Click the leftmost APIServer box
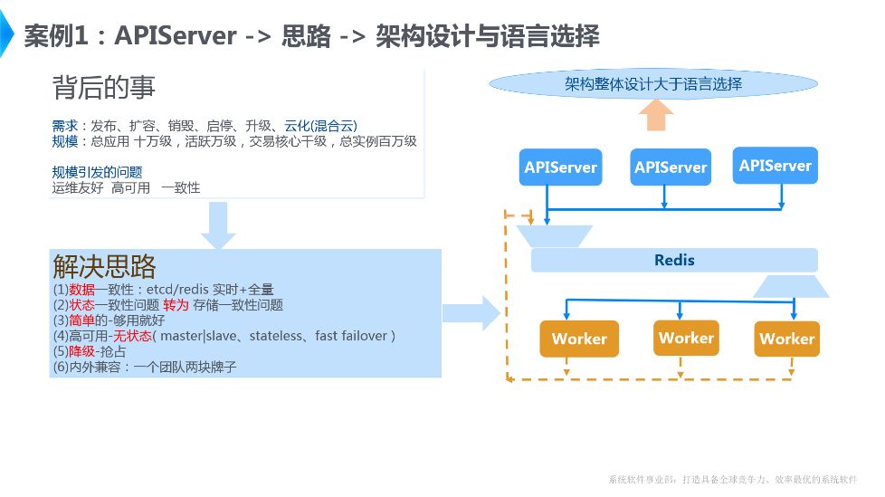tap(561, 167)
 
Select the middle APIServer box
tap(671, 167)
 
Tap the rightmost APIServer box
tap(775, 166)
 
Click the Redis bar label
tap(674, 261)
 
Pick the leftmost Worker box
tap(579, 339)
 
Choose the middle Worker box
tap(686, 338)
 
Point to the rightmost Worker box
tap(786, 339)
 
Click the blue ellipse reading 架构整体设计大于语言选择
tap(652, 84)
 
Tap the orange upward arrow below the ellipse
tap(656, 116)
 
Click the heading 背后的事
tap(104, 88)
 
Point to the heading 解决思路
tap(104, 266)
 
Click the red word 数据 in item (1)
tap(81, 290)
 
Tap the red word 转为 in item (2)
tap(176, 305)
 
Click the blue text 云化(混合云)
tap(321, 126)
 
